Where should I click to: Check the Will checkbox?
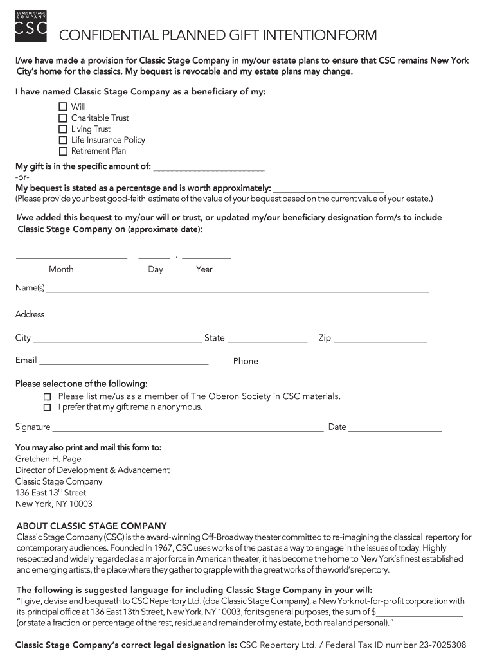[63, 107]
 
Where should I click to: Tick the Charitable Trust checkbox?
[63, 118]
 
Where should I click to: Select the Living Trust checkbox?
[63, 129]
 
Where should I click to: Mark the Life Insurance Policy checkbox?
[63, 140]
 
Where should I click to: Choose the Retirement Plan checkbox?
[63, 152]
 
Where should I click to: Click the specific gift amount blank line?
[209, 169]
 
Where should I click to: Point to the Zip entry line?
[381, 341]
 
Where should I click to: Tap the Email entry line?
[124, 364]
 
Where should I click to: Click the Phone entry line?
[345, 364]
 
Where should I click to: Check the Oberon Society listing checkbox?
[47, 396]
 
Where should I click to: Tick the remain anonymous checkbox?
[47, 407]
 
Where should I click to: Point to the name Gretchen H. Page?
[48, 459]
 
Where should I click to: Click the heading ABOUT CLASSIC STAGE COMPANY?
[91, 526]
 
